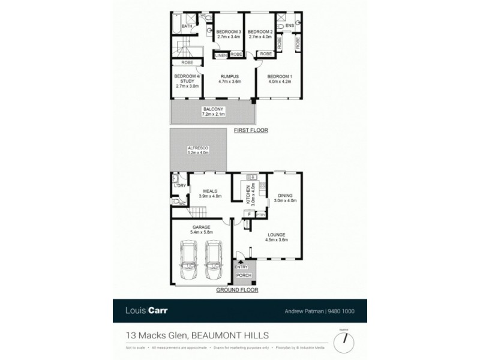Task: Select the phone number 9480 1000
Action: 343,311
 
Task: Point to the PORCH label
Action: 244,276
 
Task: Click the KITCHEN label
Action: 246,195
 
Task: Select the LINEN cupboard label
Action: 221,55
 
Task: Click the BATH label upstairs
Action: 187,26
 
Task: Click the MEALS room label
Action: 210,191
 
